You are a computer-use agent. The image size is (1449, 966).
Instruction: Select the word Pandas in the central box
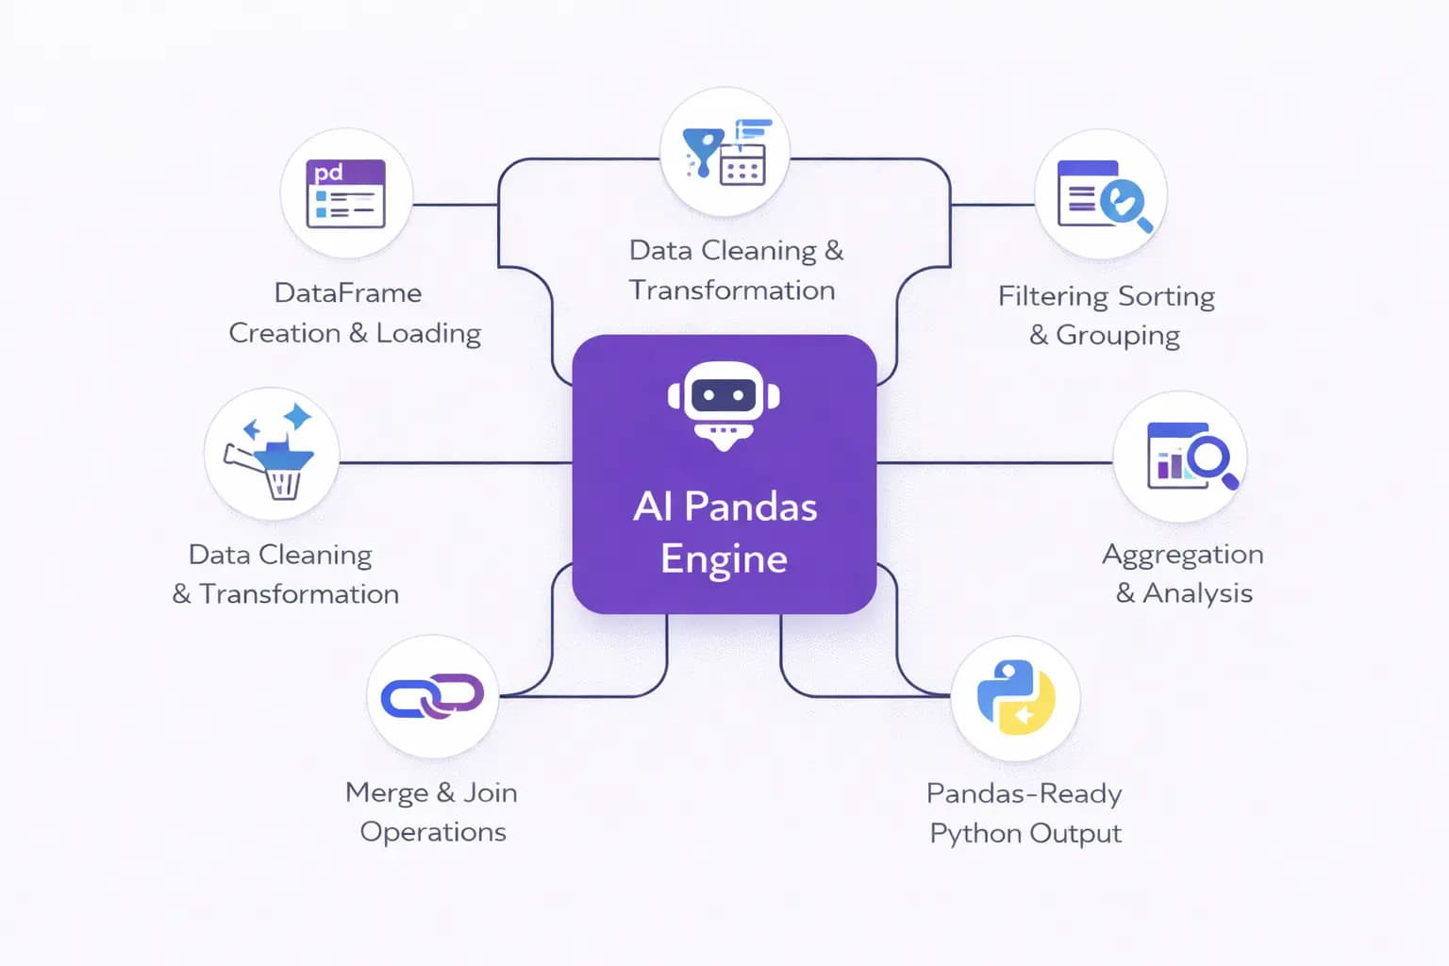pos(750,508)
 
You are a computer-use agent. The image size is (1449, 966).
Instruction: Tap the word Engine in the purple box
pos(724,558)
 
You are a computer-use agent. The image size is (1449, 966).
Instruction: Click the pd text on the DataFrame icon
pos(328,173)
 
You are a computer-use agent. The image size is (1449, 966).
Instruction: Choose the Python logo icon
pos(1015,697)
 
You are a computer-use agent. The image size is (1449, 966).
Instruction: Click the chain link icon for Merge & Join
pos(432,697)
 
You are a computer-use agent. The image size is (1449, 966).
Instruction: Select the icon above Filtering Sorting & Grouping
pos(1101,195)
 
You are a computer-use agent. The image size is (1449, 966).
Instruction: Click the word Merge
pos(387,792)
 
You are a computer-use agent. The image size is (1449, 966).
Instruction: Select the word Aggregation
pos(1182,555)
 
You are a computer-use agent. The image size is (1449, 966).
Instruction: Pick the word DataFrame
pos(347,293)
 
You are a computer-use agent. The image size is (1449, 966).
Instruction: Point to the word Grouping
pos(1118,336)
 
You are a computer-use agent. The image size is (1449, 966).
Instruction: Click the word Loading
pos(428,334)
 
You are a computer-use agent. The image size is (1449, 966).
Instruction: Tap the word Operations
pos(433,832)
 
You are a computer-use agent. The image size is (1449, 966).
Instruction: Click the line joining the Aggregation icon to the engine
pos(994,463)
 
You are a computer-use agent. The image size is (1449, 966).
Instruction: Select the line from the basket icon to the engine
pos(455,463)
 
